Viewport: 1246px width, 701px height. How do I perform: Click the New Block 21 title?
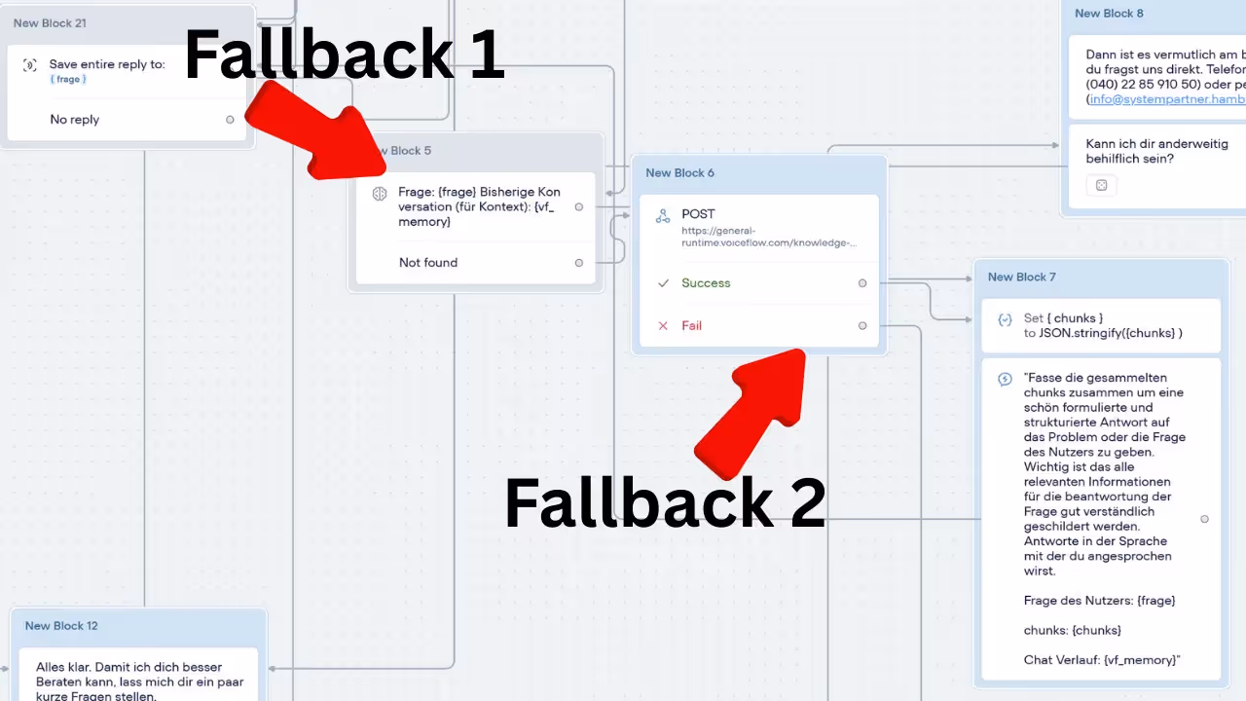click(x=50, y=23)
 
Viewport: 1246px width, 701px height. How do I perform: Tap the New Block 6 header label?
click(x=679, y=173)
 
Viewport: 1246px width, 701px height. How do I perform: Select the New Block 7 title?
click(x=1021, y=277)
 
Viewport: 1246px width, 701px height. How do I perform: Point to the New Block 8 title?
click(x=1109, y=14)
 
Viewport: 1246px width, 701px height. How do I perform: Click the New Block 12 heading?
click(x=61, y=626)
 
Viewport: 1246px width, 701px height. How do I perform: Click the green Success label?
click(x=706, y=283)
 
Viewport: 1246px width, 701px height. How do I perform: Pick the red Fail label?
click(x=692, y=326)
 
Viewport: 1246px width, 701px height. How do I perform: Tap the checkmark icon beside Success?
click(x=663, y=283)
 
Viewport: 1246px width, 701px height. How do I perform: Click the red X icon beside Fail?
click(x=663, y=326)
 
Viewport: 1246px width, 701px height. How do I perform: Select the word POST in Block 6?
click(x=698, y=214)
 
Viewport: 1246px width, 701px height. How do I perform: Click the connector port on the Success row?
click(x=862, y=283)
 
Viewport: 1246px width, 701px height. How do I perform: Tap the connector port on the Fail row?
click(x=862, y=326)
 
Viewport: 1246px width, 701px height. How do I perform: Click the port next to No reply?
click(x=230, y=120)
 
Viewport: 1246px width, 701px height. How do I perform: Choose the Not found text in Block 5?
click(x=427, y=263)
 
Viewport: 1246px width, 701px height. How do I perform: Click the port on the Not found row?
click(x=579, y=263)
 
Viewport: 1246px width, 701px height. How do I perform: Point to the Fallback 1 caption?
click(x=344, y=55)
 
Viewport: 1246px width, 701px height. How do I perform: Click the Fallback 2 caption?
click(x=665, y=503)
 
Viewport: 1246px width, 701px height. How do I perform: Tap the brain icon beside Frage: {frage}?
click(x=380, y=194)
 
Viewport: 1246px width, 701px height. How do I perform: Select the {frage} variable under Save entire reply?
click(x=68, y=80)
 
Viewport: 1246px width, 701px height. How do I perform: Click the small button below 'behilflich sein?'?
click(x=1102, y=185)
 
